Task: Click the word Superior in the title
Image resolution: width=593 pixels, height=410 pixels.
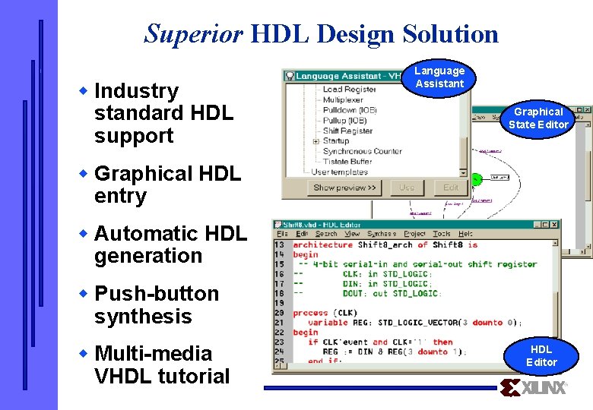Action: pyautogui.click(x=193, y=33)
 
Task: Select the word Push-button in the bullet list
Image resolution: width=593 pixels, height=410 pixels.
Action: pyautogui.click(x=156, y=294)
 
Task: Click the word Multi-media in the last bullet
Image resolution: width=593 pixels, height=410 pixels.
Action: pyautogui.click(x=153, y=354)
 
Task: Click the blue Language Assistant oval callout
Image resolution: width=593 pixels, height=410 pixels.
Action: pyautogui.click(x=439, y=77)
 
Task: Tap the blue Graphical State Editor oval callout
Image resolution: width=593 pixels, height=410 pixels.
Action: pyautogui.click(x=538, y=118)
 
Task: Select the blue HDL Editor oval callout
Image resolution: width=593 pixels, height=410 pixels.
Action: pyautogui.click(x=541, y=355)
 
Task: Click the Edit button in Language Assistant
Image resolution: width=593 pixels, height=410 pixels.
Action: pyautogui.click(x=451, y=188)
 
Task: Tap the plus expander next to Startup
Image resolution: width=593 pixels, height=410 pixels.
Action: pyautogui.click(x=316, y=141)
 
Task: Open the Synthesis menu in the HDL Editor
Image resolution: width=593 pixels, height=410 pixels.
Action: pyautogui.click(x=382, y=234)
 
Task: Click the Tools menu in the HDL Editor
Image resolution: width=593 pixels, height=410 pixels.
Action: pyautogui.click(x=442, y=234)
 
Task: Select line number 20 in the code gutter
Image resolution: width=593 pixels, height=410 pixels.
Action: pyautogui.click(x=280, y=313)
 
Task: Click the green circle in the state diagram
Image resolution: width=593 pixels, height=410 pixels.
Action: pyautogui.click(x=476, y=179)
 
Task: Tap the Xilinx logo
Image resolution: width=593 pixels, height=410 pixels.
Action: pyautogui.click(x=534, y=388)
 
